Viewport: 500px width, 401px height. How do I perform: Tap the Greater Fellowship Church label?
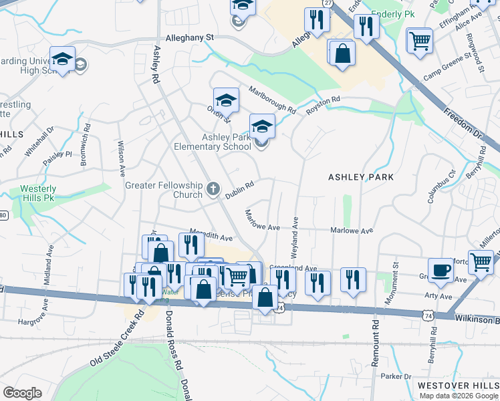click(x=164, y=190)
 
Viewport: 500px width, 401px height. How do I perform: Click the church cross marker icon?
click(x=213, y=190)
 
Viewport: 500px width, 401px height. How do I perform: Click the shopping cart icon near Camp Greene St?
click(x=419, y=40)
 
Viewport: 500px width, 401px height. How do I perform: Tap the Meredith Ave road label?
click(x=211, y=233)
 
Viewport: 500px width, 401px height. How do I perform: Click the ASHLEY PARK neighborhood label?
click(x=360, y=177)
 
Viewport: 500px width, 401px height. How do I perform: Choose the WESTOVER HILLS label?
click(x=457, y=386)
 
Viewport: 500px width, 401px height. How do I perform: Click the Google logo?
click(x=22, y=393)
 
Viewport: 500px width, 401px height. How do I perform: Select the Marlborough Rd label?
click(x=271, y=99)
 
